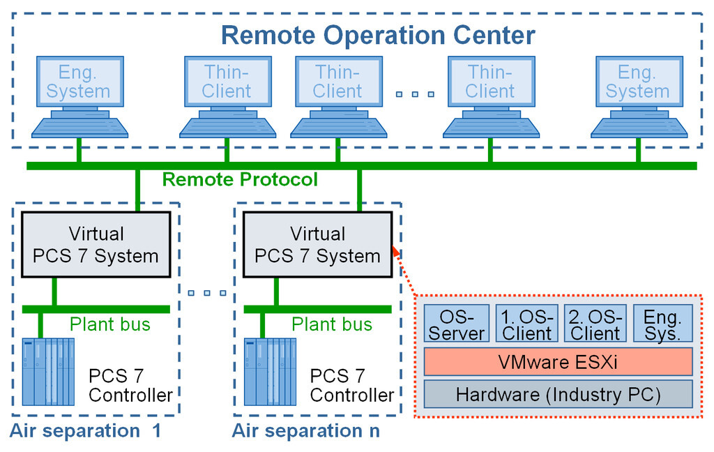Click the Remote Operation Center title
(378, 34)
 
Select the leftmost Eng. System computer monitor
(79, 82)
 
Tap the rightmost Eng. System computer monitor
(637, 82)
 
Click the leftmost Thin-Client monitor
(227, 82)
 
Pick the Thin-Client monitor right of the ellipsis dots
(490, 82)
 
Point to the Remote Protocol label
(240, 180)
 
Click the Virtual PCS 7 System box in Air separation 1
(96, 245)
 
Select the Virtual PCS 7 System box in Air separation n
(317, 245)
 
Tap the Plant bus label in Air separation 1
(109, 324)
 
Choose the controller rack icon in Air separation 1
(48, 372)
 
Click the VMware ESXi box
(558, 362)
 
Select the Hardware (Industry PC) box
(558, 394)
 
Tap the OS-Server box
(456, 324)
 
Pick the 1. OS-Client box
(526, 324)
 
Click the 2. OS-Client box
(594, 324)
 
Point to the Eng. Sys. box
(662, 324)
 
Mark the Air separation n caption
(306, 430)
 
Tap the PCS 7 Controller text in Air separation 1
(130, 386)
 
